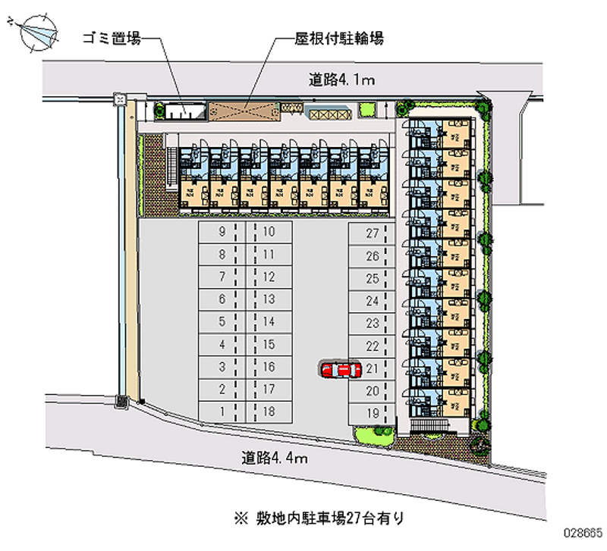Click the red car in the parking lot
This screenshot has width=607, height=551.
point(339,370)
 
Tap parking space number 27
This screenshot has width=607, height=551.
point(372,233)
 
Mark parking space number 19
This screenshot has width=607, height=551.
point(372,413)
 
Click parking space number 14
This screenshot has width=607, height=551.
point(268,321)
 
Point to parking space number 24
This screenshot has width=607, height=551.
point(372,301)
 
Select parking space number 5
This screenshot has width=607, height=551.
point(222,321)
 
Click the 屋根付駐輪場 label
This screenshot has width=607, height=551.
point(339,38)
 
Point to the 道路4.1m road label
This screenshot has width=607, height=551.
point(341,78)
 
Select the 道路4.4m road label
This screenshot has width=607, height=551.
point(274,457)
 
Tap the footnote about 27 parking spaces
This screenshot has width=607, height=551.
point(319,519)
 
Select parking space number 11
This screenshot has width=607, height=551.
point(268,255)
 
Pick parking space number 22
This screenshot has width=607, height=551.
point(372,346)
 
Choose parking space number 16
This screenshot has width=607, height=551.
point(268,367)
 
